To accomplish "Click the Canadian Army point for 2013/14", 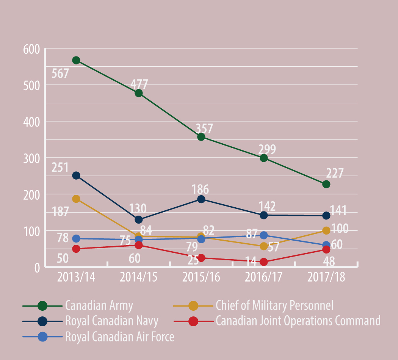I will [76, 60].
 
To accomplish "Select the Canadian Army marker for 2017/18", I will [326, 184].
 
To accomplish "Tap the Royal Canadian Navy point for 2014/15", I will [138, 220].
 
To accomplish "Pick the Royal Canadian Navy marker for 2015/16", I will [201, 199].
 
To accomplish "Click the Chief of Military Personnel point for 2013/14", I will [76, 199].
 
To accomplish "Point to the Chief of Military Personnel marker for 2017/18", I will [326, 230].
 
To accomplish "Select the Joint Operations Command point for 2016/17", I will [264, 262].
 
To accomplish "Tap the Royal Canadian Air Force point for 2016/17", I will [264, 235].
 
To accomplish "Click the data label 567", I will [61, 73].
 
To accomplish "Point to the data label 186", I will [201, 189].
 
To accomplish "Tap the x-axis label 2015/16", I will [201, 277].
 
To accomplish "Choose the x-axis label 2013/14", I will [76, 277].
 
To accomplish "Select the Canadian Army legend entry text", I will [99, 305].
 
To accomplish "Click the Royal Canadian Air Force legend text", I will [120, 336].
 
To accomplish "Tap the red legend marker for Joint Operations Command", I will [193, 321].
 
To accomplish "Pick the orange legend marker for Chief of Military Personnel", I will [193, 305].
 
